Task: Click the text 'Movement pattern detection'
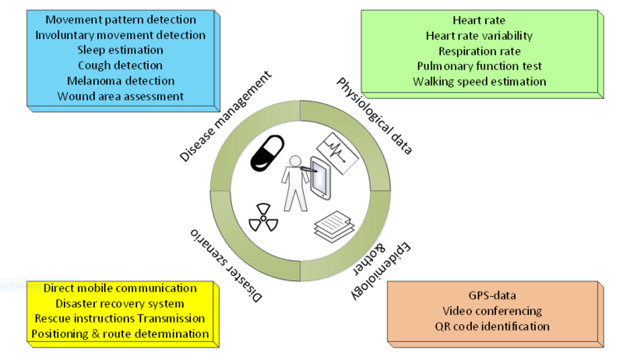(x=120, y=19)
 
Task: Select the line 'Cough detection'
(x=120, y=65)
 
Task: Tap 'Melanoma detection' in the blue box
(x=120, y=81)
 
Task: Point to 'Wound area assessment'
(x=120, y=97)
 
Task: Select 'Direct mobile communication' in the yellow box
(x=120, y=288)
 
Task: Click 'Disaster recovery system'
(x=120, y=303)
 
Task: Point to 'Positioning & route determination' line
(x=120, y=334)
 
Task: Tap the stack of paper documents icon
(x=334, y=224)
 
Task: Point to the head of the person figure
(x=295, y=161)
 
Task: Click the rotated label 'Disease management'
(x=226, y=117)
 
